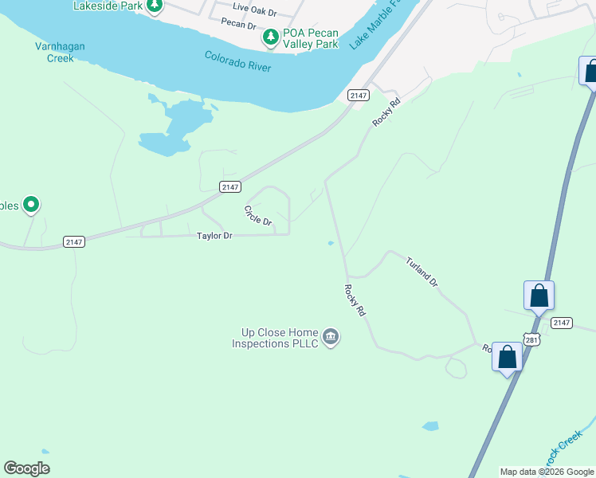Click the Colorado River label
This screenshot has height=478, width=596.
pos(237,61)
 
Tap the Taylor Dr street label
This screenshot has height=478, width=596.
pos(214,236)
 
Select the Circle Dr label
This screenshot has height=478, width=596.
pos(258,215)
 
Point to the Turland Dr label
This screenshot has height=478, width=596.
pos(422,272)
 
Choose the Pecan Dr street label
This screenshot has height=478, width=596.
pos(238,23)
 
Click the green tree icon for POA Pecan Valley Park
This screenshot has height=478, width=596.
pos(271,36)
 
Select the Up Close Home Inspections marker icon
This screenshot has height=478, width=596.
pos(331,338)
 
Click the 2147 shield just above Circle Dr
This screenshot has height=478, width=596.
pos(230,186)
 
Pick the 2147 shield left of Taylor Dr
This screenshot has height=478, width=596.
pos(74,241)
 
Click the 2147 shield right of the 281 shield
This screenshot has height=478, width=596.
pos(562,323)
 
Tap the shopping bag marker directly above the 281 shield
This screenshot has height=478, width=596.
pos(539,296)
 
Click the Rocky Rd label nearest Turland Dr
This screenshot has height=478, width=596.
pos(355,301)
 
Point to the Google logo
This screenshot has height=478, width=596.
pos(27,468)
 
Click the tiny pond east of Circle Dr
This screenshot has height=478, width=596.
pos(330,244)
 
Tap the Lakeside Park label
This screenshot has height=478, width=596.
pos(107,6)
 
